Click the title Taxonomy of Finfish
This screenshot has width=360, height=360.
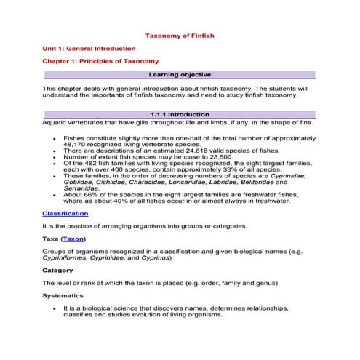[x=180, y=34]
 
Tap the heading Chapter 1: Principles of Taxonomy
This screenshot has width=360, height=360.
[x=100, y=61]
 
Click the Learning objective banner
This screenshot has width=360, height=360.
[x=180, y=75]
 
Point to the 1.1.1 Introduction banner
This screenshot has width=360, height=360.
[x=180, y=115]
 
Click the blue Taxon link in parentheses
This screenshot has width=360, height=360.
[x=73, y=239]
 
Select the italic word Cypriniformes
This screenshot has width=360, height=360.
[x=67, y=257]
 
